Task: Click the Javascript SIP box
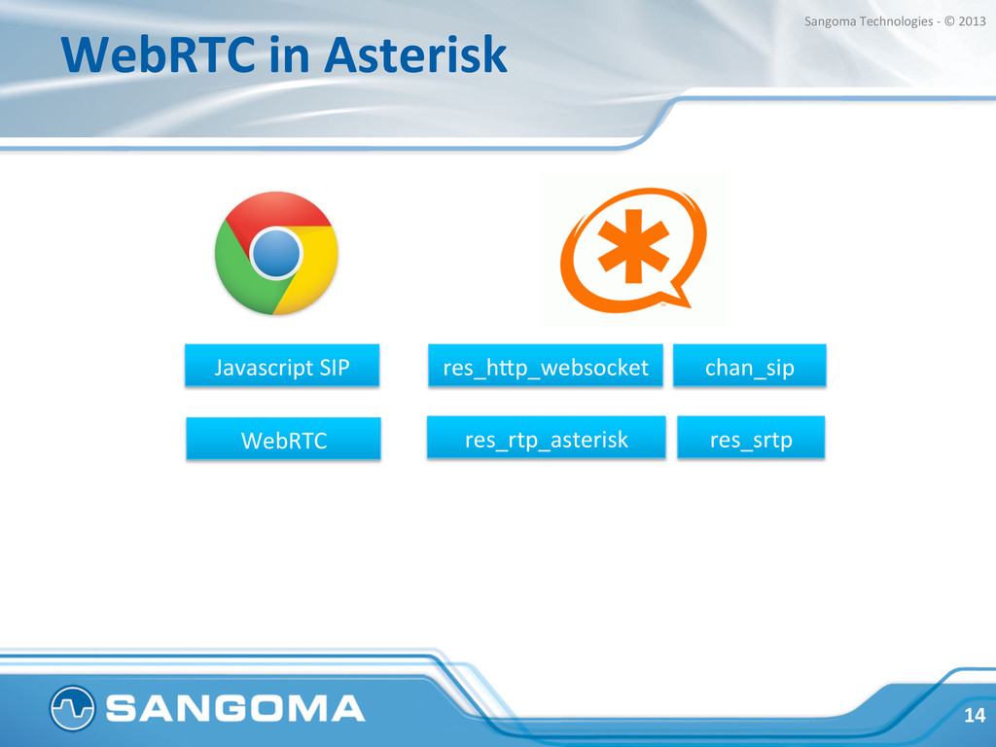click(x=282, y=366)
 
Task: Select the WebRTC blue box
click(x=283, y=439)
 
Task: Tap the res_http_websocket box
click(x=546, y=366)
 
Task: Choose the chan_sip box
click(x=750, y=366)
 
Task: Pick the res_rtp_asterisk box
click(x=547, y=437)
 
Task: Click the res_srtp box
click(x=751, y=437)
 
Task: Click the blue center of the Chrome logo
click(x=276, y=253)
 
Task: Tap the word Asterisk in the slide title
click(x=415, y=54)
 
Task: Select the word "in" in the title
click(x=290, y=54)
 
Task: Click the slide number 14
click(x=975, y=715)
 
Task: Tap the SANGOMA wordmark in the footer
click(x=235, y=708)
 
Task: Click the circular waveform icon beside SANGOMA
click(x=72, y=708)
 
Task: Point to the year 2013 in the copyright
click(x=972, y=21)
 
